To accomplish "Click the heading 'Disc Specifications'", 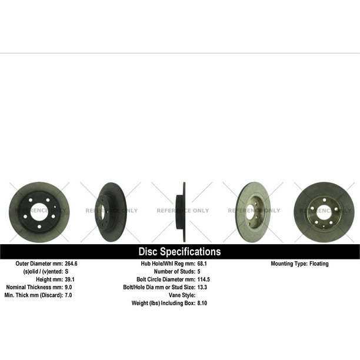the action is [179, 251].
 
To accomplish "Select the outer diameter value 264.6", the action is [71, 264].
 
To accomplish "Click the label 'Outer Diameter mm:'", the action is [39, 264].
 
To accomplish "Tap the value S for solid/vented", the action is [66, 271].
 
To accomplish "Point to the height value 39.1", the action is [69, 279].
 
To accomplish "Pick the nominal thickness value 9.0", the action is [68, 287].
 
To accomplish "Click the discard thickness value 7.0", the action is [68, 295].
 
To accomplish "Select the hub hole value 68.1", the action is [202, 264].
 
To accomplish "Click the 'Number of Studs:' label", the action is [175, 271].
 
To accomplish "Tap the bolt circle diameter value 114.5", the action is [204, 279].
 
